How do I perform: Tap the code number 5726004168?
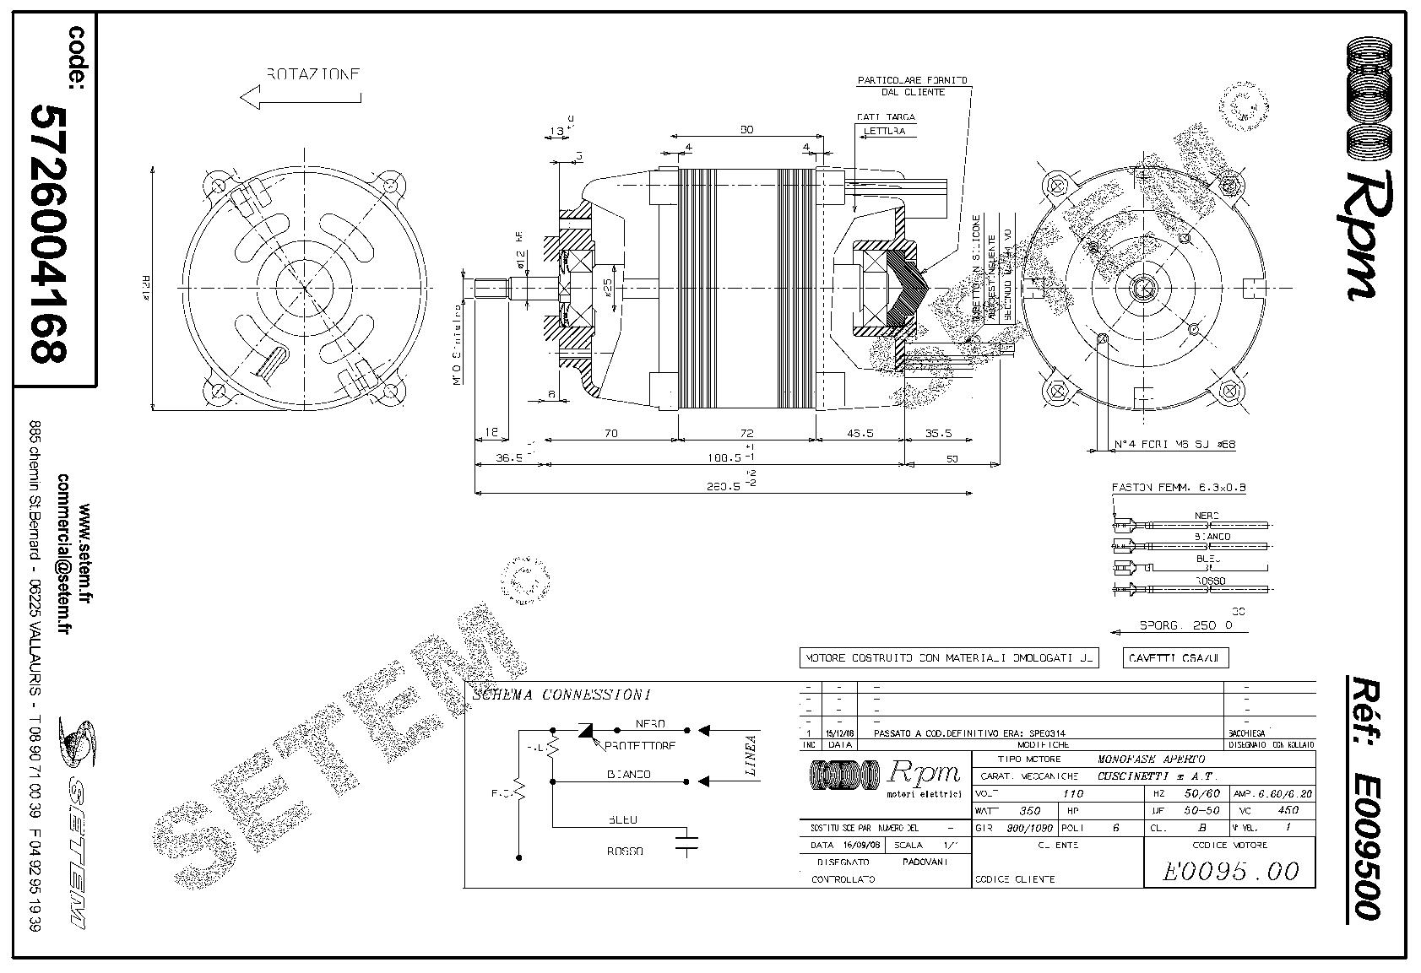pos(49,233)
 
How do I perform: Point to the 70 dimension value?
pos(610,433)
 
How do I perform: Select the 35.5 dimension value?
pos(938,433)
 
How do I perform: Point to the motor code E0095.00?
pos(1229,871)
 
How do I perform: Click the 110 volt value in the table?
pos(1071,793)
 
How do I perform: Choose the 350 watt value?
pos(1030,810)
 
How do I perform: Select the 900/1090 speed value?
pos(1029,828)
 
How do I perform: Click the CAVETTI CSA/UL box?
pos(1176,658)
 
